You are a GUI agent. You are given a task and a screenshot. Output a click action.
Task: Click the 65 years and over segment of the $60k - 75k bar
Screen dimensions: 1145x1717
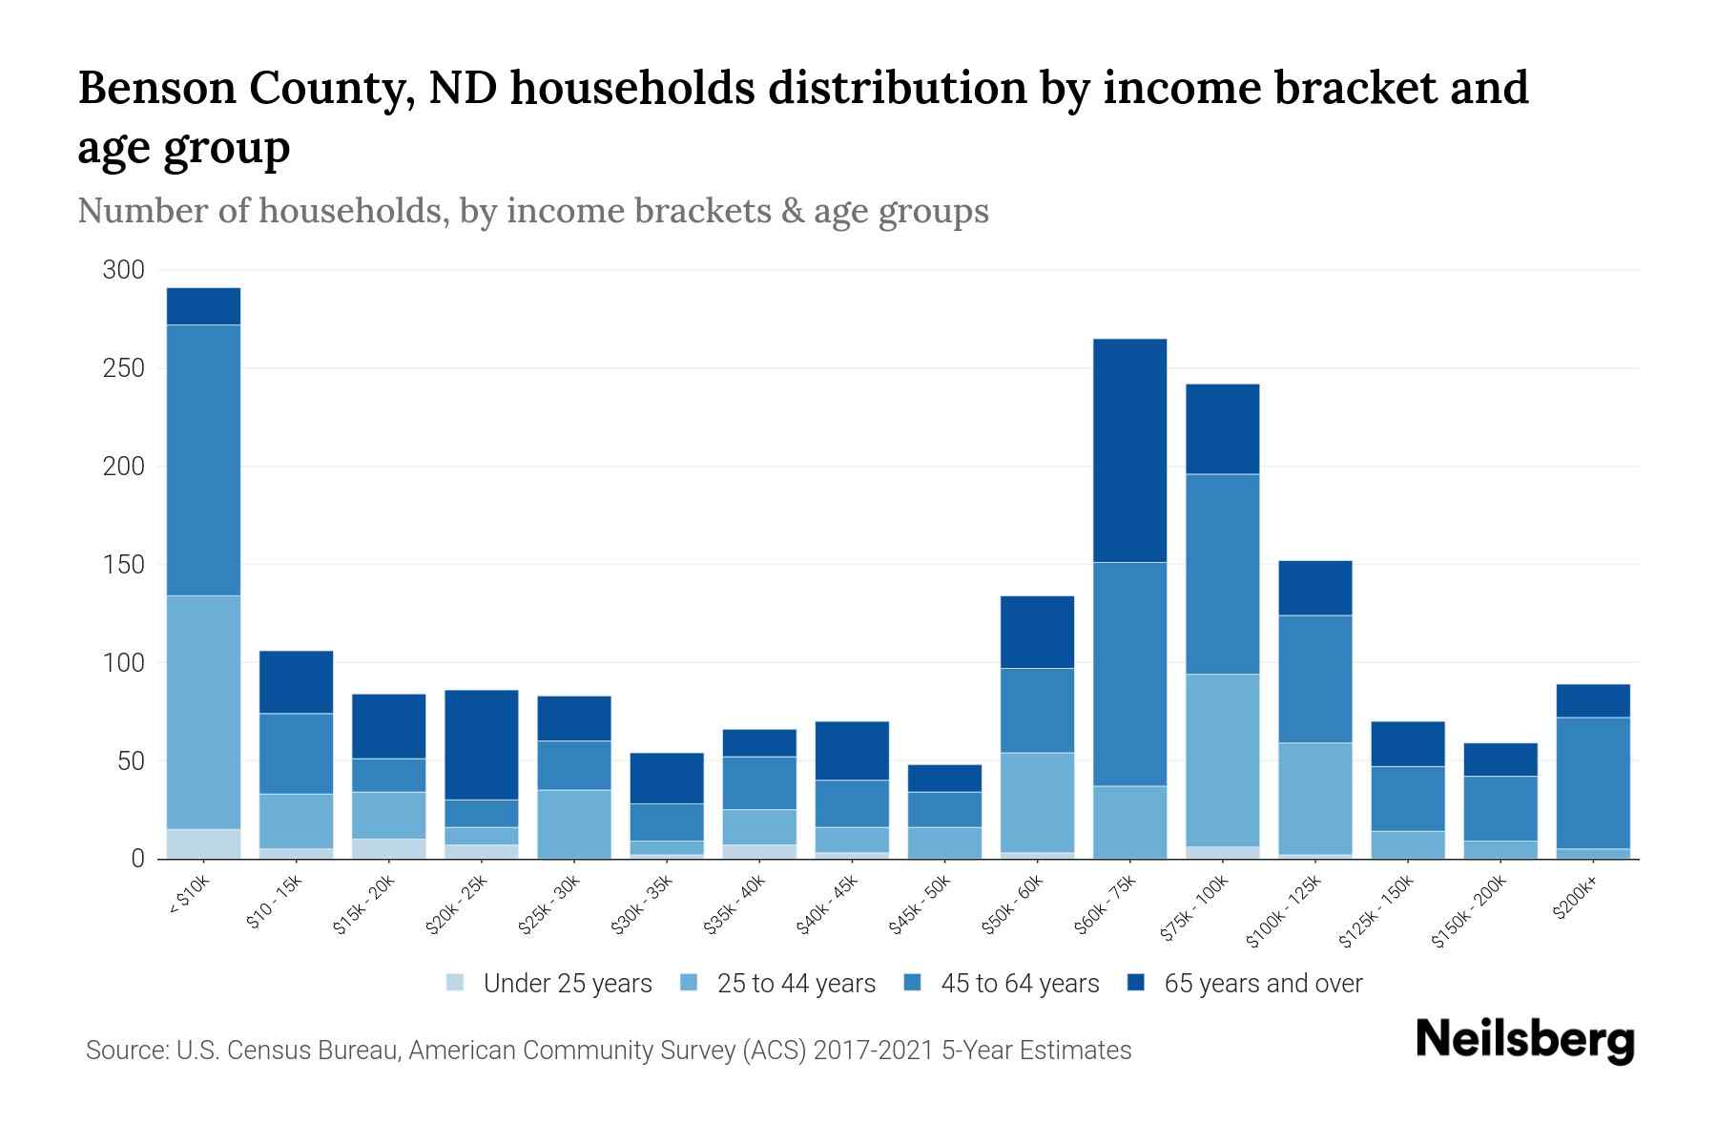point(1129,450)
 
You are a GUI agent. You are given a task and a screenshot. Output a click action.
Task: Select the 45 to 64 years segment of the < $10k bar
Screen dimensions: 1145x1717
point(203,460)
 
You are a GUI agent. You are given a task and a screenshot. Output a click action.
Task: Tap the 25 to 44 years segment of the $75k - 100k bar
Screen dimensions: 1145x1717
point(1222,760)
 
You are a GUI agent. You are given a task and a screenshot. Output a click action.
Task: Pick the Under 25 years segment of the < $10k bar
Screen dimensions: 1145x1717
point(203,843)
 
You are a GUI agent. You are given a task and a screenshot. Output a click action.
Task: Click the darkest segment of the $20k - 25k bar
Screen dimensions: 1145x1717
point(482,744)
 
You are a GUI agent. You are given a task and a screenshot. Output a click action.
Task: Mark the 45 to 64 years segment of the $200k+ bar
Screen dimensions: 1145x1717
point(1592,782)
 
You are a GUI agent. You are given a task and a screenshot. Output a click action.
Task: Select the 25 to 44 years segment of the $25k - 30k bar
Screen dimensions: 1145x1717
point(574,823)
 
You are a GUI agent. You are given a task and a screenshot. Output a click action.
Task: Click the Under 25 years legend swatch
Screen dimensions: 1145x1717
point(456,983)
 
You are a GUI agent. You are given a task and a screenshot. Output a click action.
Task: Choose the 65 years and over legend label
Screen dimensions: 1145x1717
point(1263,983)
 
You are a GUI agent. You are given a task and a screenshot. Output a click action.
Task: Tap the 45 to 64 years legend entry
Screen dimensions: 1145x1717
point(1019,983)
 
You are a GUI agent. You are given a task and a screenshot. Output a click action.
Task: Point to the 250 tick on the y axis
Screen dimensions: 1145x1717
point(123,368)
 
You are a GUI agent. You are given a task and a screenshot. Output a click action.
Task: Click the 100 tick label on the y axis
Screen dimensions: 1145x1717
point(123,663)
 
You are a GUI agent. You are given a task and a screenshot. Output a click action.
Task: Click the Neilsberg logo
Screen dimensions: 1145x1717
point(1524,1040)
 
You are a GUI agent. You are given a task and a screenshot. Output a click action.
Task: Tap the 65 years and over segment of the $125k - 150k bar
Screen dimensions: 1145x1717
point(1407,743)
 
